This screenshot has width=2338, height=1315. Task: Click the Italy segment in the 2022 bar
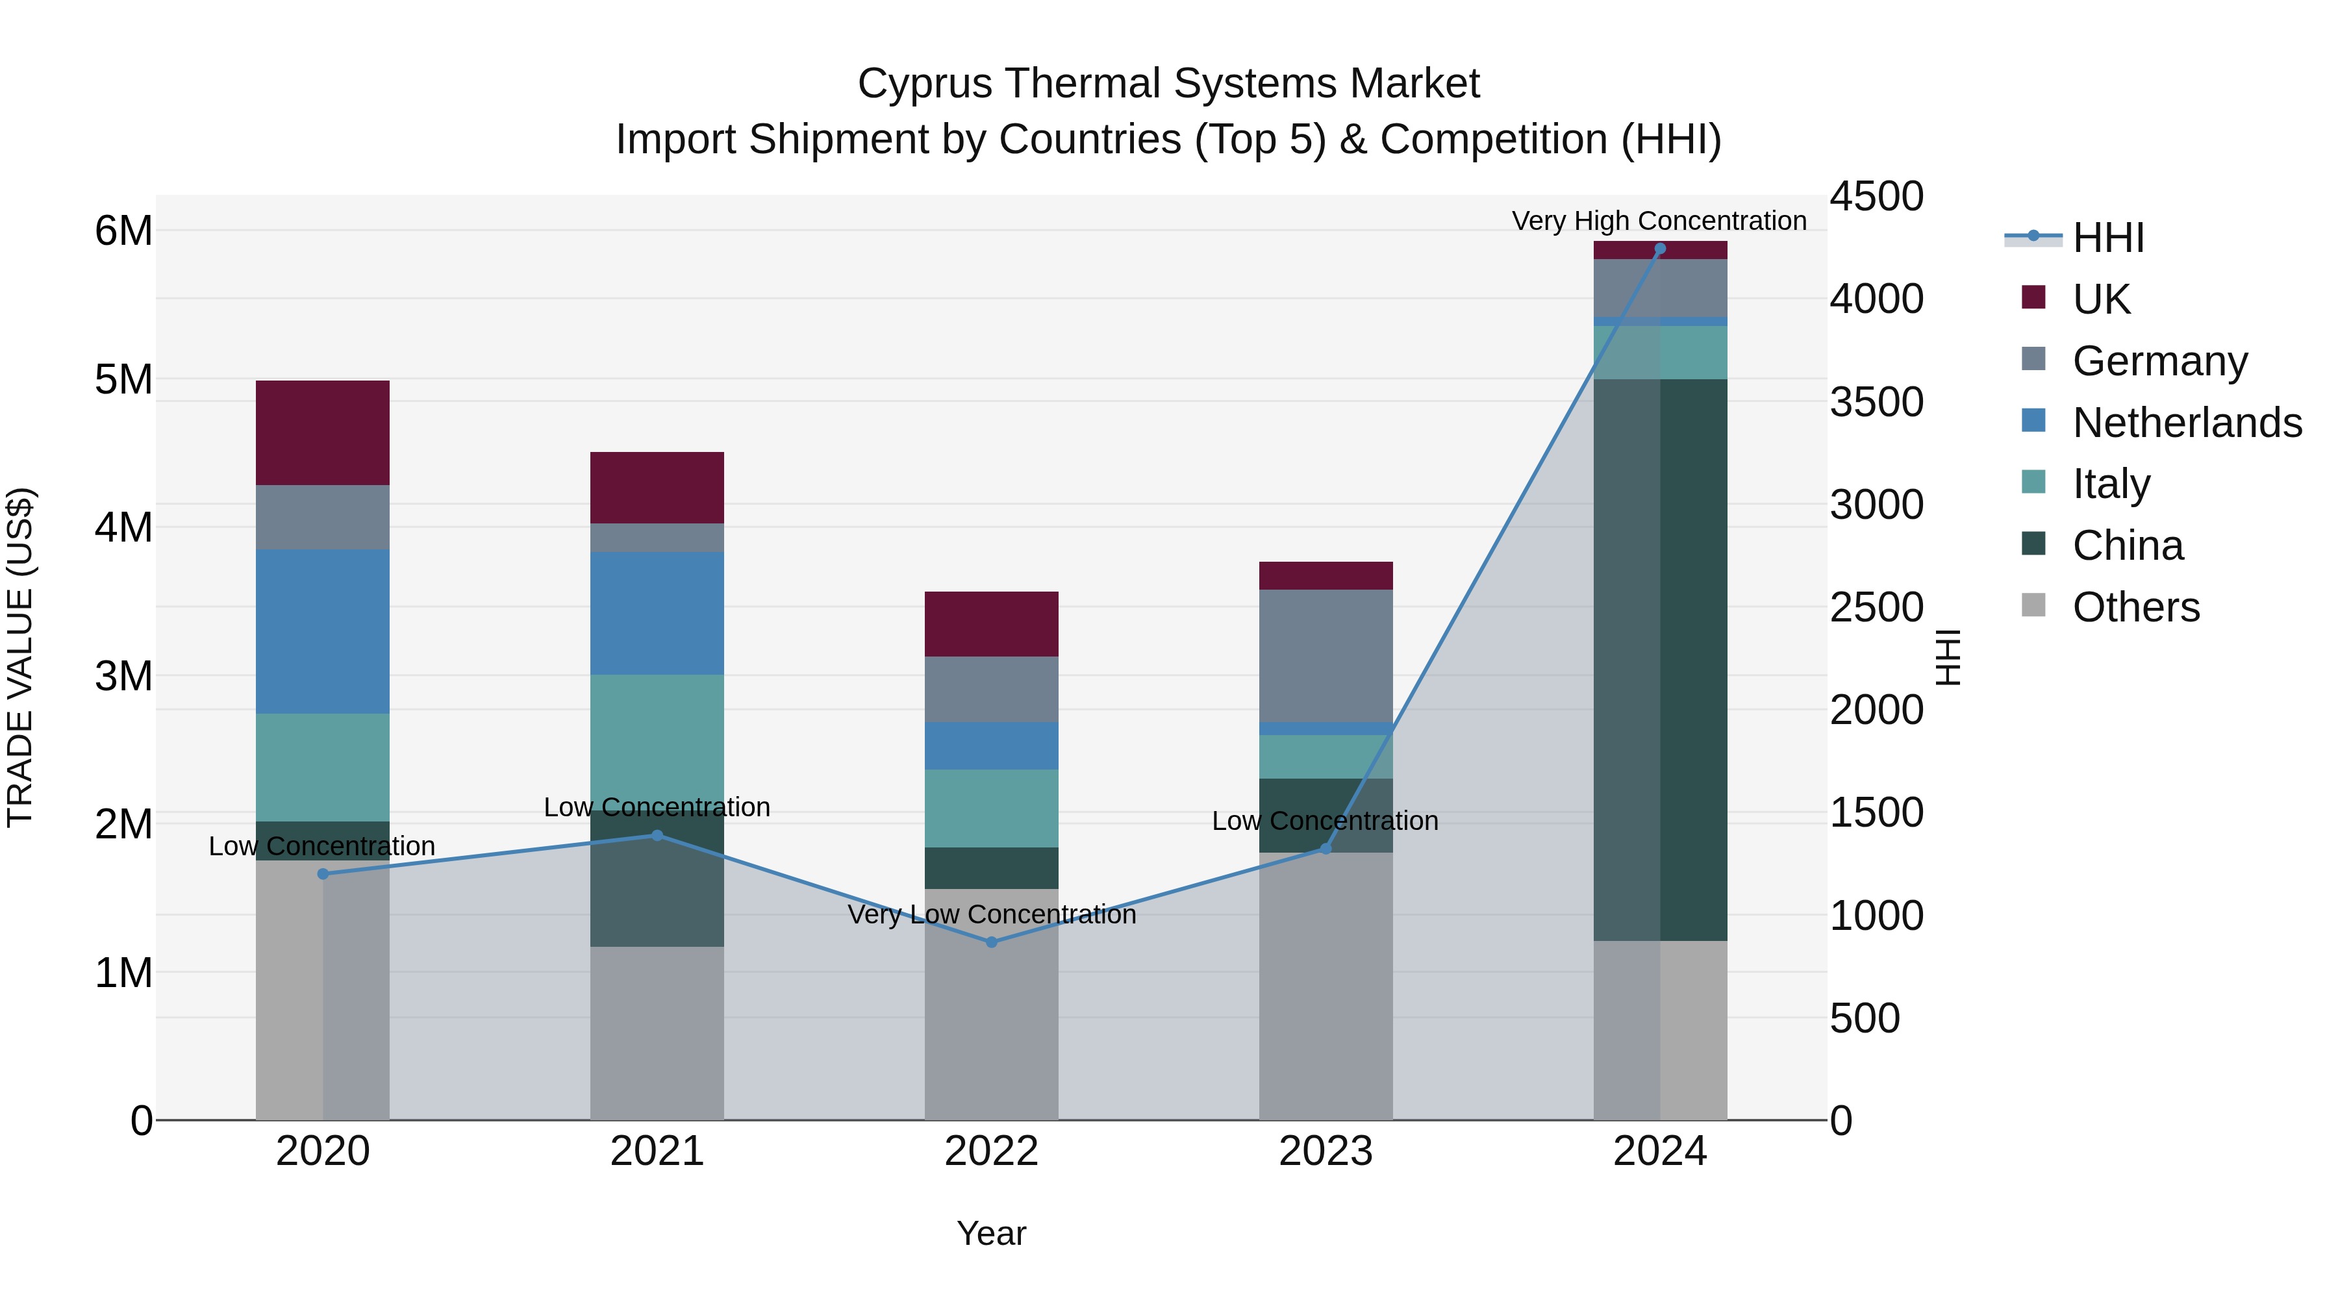pyautogui.click(x=991, y=808)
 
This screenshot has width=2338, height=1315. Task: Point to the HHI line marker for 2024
pyautogui.click(x=1659, y=249)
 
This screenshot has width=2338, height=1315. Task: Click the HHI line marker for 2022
pyautogui.click(x=991, y=942)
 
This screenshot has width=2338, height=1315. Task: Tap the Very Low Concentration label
pyautogui.click(x=991, y=914)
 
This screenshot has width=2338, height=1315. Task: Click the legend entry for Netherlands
pyautogui.click(x=2187, y=422)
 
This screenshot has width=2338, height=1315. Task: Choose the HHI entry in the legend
pyautogui.click(x=2107, y=238)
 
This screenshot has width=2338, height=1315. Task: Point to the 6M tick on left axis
pyautogui.click(x=123, y=231)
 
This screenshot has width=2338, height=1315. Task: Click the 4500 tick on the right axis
pyautogui.click(x=1875, y=196)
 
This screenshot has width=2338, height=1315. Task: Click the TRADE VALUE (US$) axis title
pyautogui.click(x=20, y=657)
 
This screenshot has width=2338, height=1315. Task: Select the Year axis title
pyautogui.click(x=991, y=1233)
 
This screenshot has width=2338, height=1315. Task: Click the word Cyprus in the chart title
pyautogui.click(x=924, y=84)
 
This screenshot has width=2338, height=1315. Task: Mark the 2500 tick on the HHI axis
pyautogui.click(x=1875, y=607)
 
